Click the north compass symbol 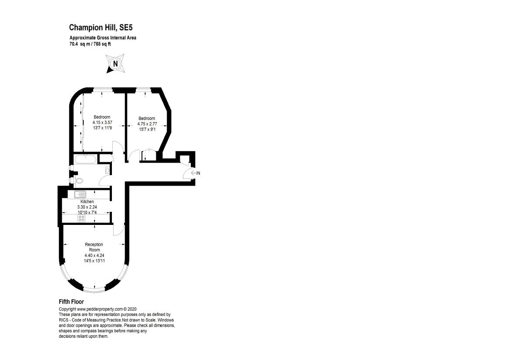115,64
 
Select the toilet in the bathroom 78,180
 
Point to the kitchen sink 81,194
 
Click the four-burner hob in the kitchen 81,218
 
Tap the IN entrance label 198,173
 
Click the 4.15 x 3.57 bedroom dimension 102,123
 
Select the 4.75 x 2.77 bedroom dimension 147,124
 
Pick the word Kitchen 87,201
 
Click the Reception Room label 94,247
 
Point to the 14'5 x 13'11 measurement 94,261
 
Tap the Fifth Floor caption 71,302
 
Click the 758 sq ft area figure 101,44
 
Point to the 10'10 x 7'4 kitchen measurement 87,212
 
